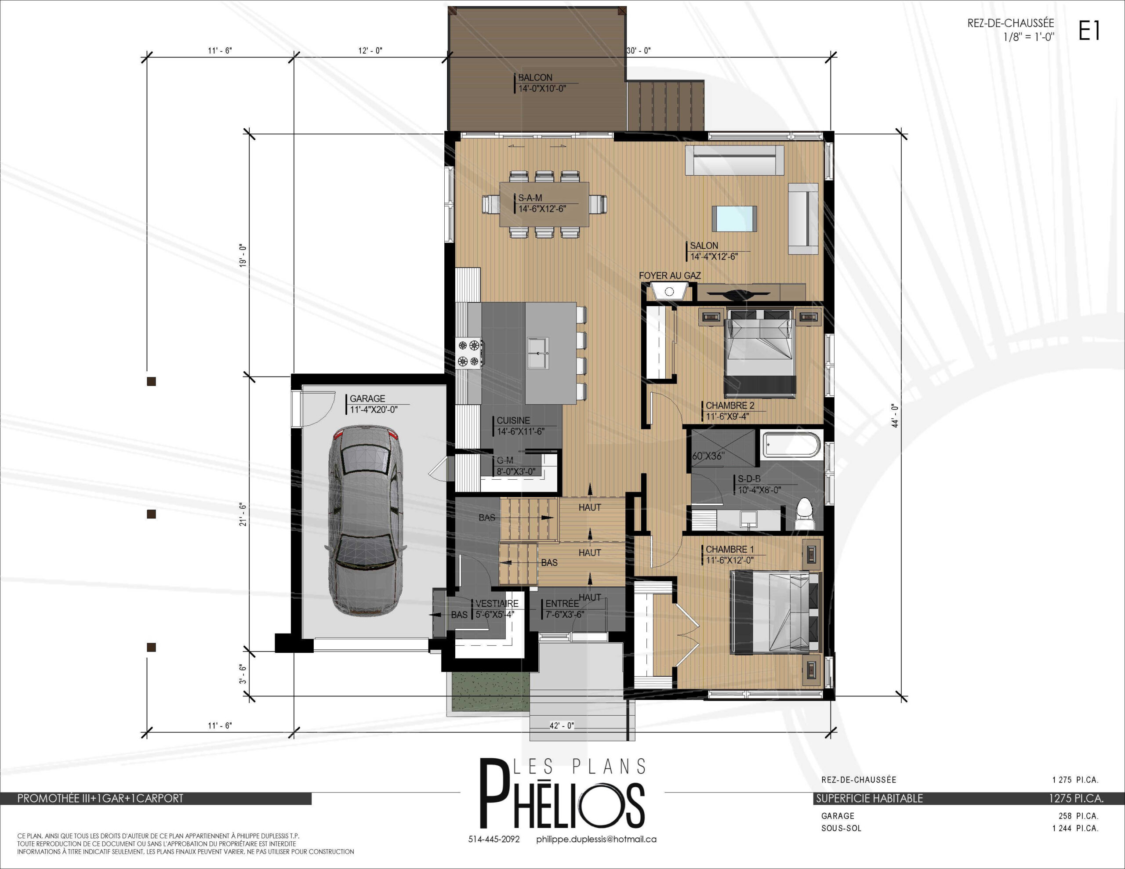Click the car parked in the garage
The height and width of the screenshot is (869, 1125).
365,520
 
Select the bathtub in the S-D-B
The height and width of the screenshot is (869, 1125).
791,445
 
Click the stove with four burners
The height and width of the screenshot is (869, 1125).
469,353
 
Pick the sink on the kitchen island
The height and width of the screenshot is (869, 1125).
538,353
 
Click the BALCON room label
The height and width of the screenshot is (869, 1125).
535,78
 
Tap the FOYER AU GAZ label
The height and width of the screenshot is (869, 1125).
670,275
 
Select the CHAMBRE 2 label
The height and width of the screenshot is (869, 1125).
730,406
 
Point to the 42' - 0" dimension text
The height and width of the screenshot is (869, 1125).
562,726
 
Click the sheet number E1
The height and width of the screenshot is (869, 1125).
1089,30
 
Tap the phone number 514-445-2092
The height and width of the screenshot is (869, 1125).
494,839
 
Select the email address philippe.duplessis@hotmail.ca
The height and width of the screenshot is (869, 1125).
596,839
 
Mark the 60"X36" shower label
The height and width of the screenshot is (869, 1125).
708,456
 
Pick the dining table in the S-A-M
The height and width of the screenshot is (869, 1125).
544,204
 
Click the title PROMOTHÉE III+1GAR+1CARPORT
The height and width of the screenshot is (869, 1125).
101,798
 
